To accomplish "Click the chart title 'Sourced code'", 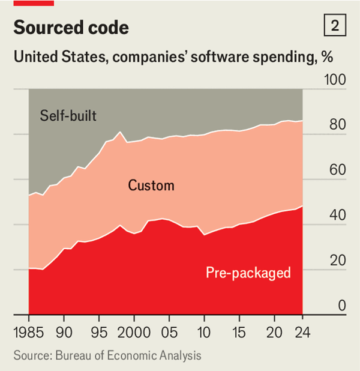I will click(71, 28).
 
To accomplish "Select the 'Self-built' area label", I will click(68, 115).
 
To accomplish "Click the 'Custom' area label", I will click(151, 185).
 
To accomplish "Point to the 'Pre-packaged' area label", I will click(248, 273).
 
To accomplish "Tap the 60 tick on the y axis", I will click(338, 170).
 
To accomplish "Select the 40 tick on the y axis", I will click(338, 216).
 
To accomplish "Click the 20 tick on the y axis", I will click(338, 261).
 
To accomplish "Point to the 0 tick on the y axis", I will click(342, 306).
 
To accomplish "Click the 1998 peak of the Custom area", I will click(119, 131).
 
